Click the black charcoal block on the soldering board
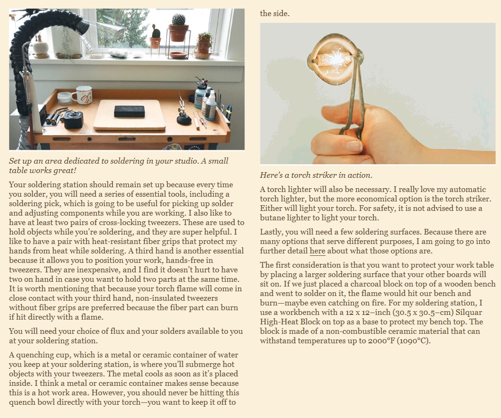[129, 112]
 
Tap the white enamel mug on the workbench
[82, 95]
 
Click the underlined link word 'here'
[317, 251]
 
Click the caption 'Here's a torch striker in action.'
[316, 175]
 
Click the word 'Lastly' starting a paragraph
[271, 232]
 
